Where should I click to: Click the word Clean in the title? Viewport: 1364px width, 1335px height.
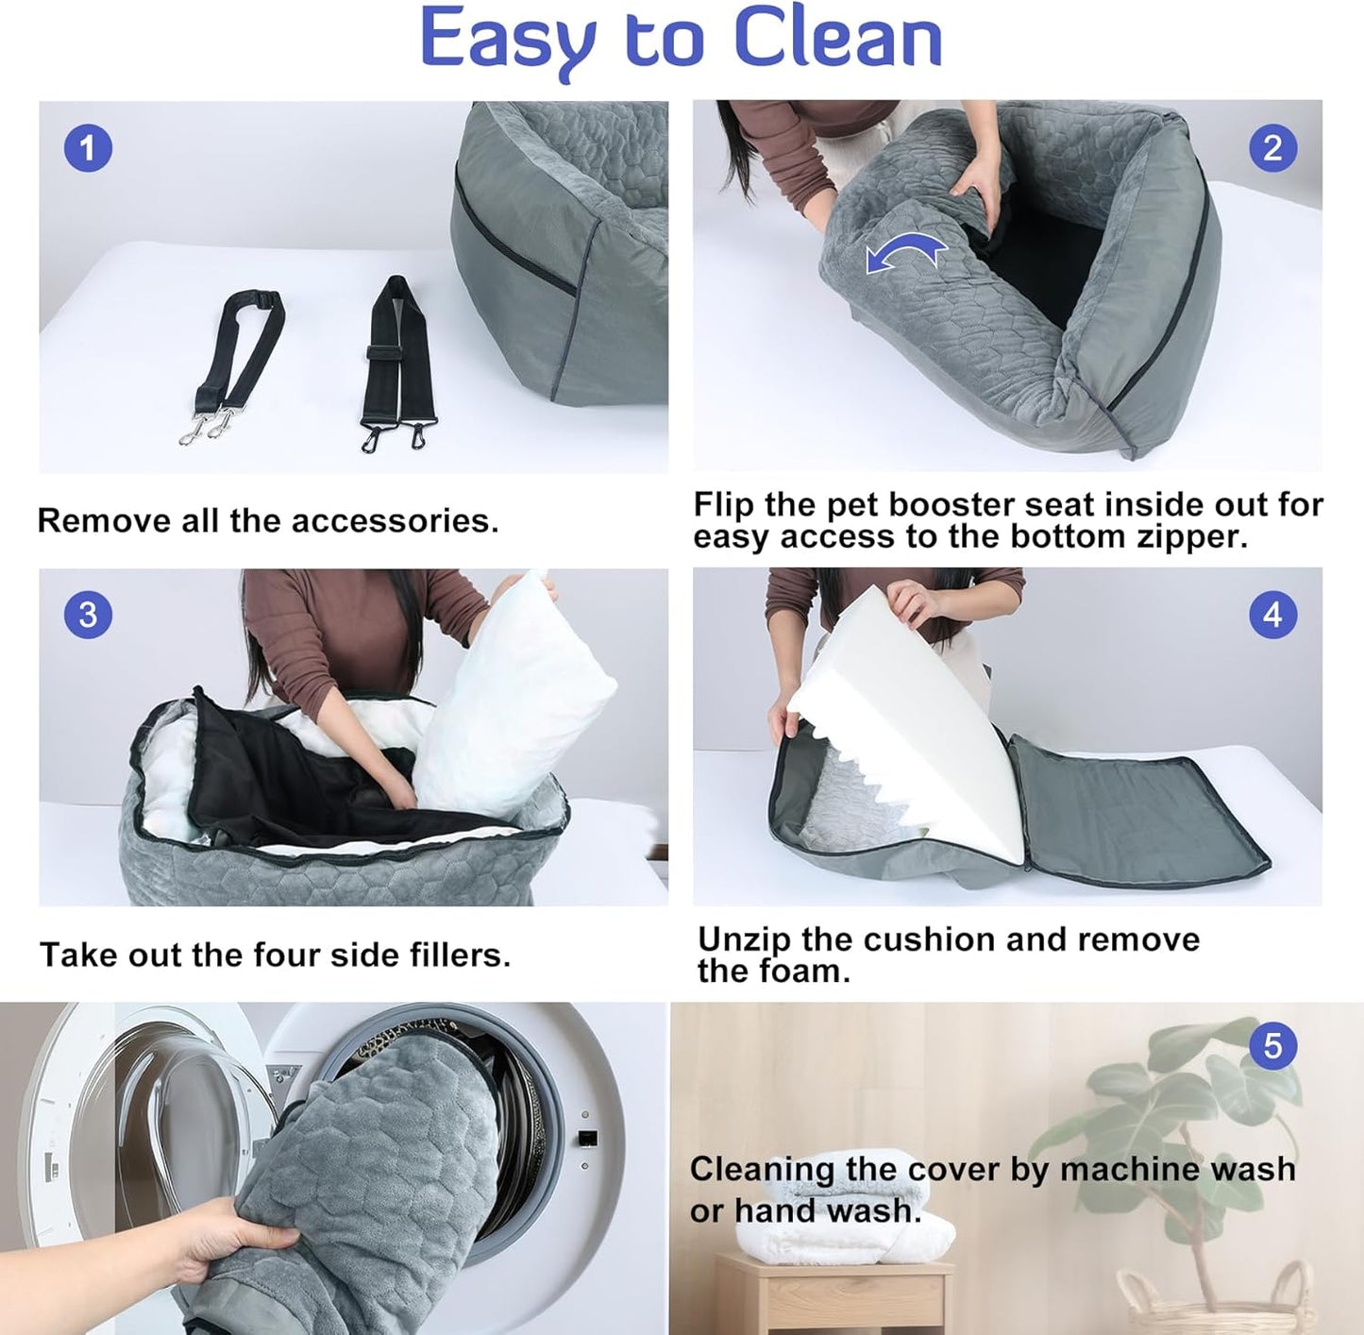tap(837, 40)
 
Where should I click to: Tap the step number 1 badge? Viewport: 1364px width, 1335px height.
tap(88, 149)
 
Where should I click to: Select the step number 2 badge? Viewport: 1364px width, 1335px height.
tap(1272, 148)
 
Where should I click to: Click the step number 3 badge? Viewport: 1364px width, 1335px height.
tap(88, 615)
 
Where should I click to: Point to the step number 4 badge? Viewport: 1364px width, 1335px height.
tap(1272, 615)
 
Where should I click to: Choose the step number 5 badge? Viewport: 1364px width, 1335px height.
tap(1272, 1046)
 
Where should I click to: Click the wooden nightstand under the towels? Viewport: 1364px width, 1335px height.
tap(831, 1298)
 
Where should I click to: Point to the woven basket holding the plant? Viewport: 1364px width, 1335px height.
tap(1218, 1308)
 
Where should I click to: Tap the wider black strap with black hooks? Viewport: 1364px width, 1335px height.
tap(396, 359)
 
